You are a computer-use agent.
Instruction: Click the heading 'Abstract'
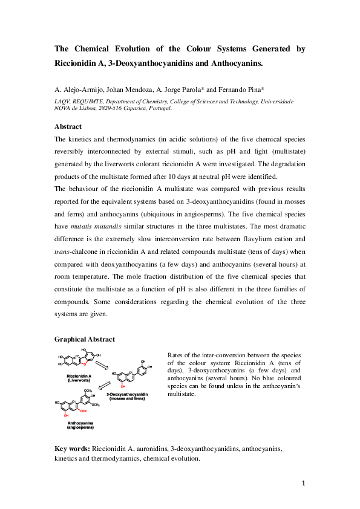[x=68, y=126]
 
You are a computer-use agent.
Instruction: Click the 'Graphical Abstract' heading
[x=84, y=340]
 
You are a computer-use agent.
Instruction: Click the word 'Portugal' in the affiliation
[x=159, y=109]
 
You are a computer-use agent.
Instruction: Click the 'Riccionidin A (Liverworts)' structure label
[x=78, y=378]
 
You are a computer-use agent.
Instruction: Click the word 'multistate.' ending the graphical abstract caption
[x=180, y=394]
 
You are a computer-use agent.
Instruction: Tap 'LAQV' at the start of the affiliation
[x=62, y=102]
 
